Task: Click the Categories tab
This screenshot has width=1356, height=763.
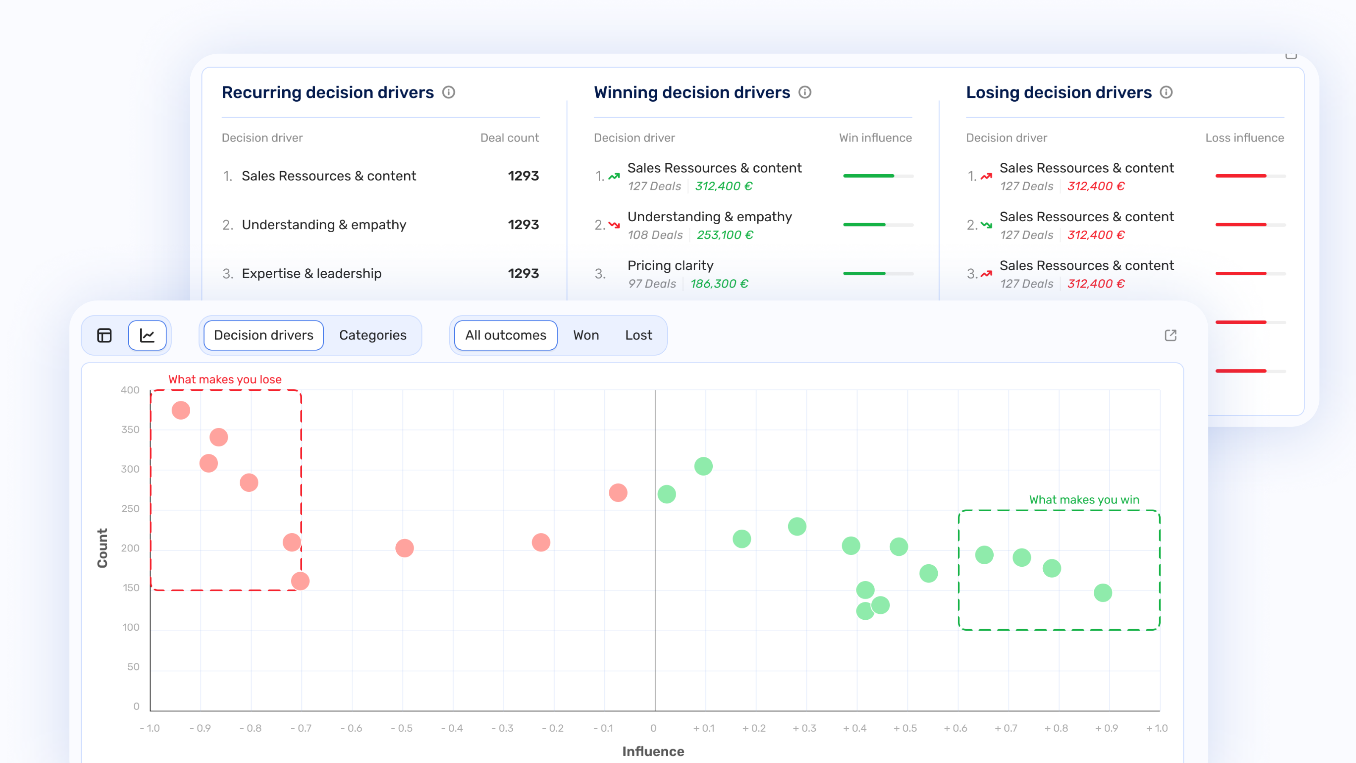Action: [373, 335]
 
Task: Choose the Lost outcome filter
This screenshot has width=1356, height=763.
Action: [638, 335]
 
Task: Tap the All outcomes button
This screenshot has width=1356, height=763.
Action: [506, 335]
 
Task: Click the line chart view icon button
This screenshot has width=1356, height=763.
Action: [147, 335]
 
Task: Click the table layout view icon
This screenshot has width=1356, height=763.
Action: [104, 335]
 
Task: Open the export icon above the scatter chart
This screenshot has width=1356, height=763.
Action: [1170, 335]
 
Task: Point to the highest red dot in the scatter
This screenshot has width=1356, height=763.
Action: [181, 410]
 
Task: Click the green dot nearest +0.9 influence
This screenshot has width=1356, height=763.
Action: [1102, 593]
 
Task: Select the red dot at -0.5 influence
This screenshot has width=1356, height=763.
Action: [404, 548]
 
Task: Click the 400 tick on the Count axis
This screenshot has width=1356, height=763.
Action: [130, 390]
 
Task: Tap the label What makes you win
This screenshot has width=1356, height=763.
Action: [1084, 499]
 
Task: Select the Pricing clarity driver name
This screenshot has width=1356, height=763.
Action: [670, 265]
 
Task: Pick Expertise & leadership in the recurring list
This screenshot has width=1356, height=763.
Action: [311, 273]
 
